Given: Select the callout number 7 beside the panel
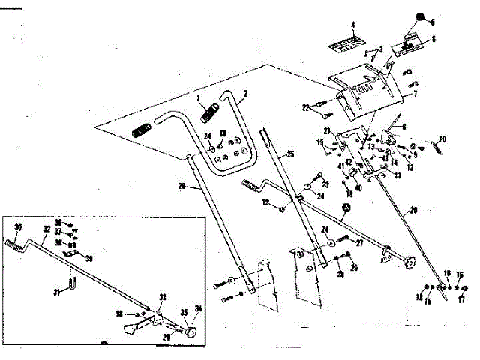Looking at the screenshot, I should click(415, 93).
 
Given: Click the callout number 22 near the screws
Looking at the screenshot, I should click(307, 109).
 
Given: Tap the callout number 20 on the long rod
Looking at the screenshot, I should click(413, 211).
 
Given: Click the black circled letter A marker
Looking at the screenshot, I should click(346, 207).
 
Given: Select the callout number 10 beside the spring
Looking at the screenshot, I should click(442, 139).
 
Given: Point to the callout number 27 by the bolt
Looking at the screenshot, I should click(360, 242).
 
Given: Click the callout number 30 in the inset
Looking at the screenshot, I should click(18, 228).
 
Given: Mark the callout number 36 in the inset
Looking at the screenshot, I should click(57, 223).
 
